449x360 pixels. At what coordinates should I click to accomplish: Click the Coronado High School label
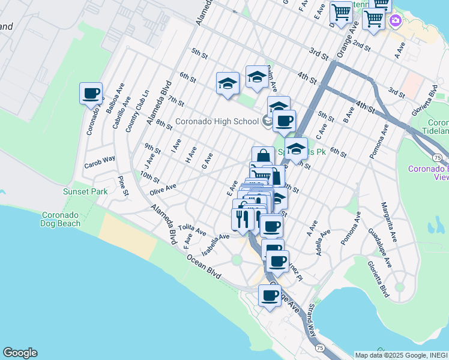point(217,121)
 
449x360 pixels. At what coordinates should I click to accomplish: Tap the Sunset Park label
point(85,192)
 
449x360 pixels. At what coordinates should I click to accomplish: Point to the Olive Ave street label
point(163,188)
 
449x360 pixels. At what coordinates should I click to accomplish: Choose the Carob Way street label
point(99,161)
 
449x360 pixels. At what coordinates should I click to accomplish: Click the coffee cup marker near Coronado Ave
point(91,94)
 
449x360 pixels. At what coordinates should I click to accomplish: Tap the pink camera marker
point(396,21)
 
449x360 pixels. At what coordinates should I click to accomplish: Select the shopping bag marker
point(263,157)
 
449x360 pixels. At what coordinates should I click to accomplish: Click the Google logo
point(20,353)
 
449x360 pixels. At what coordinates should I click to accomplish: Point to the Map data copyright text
point(401,355)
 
